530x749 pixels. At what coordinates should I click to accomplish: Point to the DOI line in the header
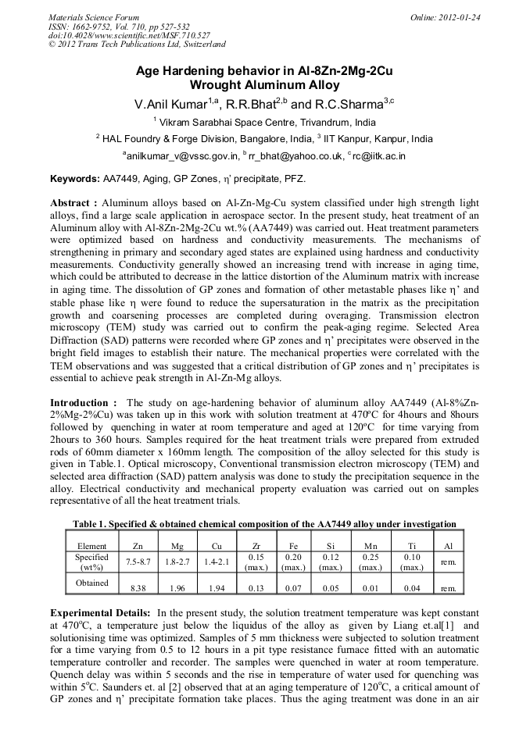point(129,36)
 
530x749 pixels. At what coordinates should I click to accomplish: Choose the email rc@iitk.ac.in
point(379,155)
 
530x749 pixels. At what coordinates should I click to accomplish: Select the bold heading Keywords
point(75,179)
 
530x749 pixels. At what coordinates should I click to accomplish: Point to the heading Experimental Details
point(100,614)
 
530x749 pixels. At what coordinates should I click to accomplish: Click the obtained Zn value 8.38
point(138,588)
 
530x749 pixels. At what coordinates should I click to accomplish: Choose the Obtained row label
point(91,583)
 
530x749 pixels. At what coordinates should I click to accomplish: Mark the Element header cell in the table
point(91,547)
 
